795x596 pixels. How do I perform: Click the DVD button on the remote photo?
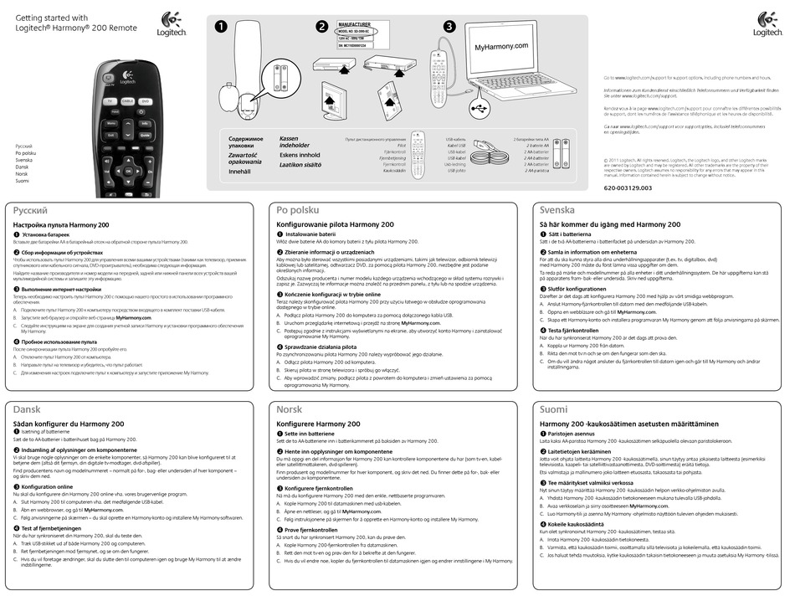[145, 100]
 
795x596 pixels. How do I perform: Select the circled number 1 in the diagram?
[221, 26]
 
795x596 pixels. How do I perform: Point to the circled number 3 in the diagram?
[449, 26]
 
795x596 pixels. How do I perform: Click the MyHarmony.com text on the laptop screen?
[502, 49]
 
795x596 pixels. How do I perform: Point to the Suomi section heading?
[553, 408]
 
